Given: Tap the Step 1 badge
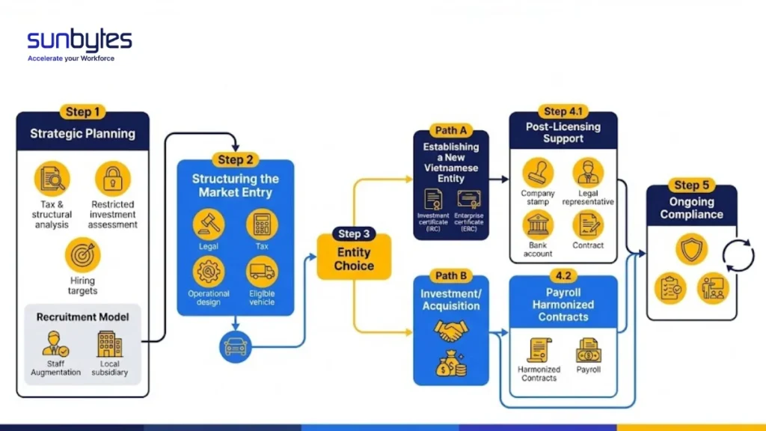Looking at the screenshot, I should (82, 112).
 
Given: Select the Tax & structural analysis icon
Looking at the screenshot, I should (52, 180).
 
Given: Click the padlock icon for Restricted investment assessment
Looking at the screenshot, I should (112, 180).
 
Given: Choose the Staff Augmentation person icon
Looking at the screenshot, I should (55, 345).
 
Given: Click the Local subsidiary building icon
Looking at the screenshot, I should (109, 345).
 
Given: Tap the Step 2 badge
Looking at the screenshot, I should (235, 159).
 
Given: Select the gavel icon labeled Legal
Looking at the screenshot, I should (209, 224).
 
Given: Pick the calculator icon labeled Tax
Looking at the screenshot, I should (262, 224).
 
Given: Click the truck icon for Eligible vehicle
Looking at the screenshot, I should (262, 272).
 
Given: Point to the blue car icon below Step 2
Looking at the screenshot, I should (235, 346).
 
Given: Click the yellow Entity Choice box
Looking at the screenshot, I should (354, 257).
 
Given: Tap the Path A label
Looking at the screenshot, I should (450, 132).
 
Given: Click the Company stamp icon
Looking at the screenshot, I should (537, 173).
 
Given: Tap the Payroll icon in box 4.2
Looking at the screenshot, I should (589, 349).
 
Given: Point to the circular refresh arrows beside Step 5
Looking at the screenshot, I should (738, 255).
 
